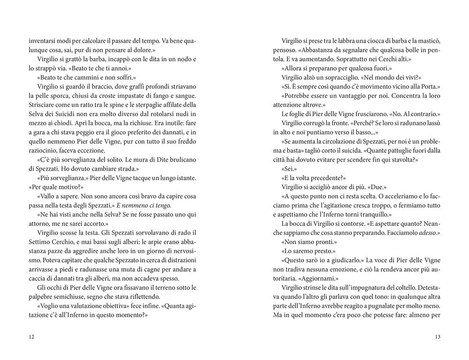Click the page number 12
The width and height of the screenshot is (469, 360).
(31, 336)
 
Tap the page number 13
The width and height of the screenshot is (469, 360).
(438, 336)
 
